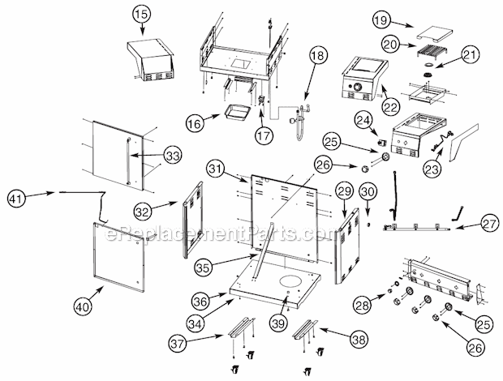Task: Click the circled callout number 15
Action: pos(142,15)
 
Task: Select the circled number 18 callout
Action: pos(318,55)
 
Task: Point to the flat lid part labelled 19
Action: pos(435,34)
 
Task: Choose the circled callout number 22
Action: pos(391,106)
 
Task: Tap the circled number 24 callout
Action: pos(363,120)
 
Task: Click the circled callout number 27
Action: pos(490,224)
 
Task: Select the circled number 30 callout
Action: pos(368,192)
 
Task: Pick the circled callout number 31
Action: pos(216,168)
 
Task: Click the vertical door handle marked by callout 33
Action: pos(128,161)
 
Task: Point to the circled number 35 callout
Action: pos(203,267)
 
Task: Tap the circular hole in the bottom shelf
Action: pos(290,281)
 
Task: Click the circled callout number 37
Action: pos(178,343)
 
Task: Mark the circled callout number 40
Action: pos(83,307)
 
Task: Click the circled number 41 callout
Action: pos(16,199)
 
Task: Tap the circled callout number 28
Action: pos(362,305)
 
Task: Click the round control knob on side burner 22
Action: pos(357,87)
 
